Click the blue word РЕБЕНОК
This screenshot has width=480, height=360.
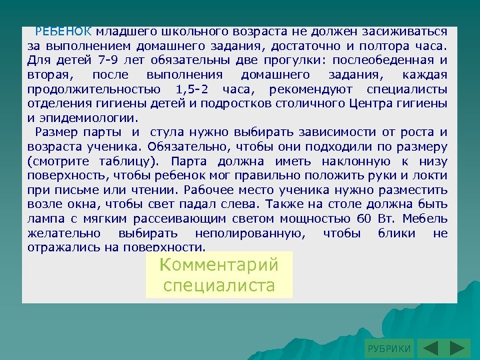63,31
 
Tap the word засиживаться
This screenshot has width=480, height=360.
409,31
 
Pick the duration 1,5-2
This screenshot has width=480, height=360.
194,90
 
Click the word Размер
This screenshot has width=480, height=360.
59,133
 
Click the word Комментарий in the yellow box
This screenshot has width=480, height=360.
219,264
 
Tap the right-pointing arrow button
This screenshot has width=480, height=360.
455,349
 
